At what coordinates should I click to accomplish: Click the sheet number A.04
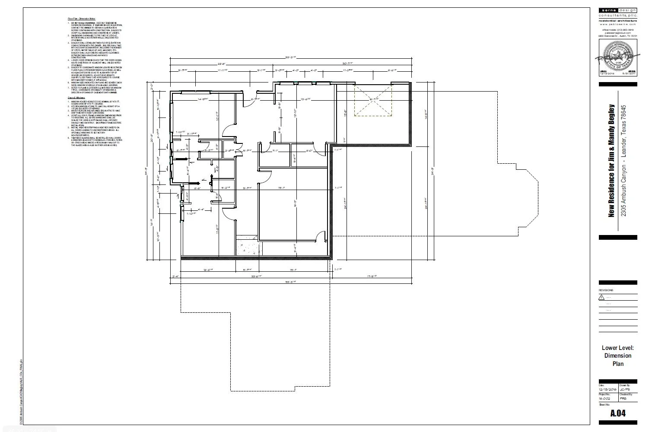tap(617, 413)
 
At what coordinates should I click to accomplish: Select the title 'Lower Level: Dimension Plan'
tap(617, 356)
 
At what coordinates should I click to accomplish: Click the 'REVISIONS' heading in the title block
tap(606, 290)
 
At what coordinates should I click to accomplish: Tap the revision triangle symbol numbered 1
tap(601, 297)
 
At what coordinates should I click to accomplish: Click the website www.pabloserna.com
tap(617, 25)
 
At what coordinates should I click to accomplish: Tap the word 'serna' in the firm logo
tap(608, 10)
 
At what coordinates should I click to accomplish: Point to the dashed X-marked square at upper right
tap(373, 100)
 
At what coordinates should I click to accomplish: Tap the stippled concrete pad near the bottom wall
tap(249, 246)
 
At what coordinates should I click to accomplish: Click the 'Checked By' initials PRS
tap(623, 399)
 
